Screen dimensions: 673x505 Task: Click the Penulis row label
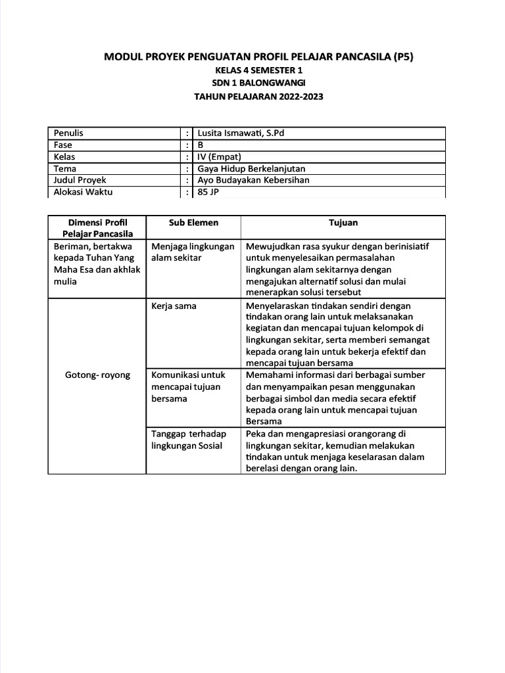tap(68, 133)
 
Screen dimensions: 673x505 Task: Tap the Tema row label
tap(65, 168)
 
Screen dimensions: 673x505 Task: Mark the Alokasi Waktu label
tap(83, 192)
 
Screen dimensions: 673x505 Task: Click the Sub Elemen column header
tap(193, 223)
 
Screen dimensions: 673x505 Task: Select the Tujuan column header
tap(343, 223)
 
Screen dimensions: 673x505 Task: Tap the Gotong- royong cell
tap(97, 375)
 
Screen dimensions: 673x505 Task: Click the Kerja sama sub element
tap(174, 306)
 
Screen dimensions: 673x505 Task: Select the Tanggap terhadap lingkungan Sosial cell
tap(188, 440)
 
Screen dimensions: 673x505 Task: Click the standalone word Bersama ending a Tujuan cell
tap(263, 421)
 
